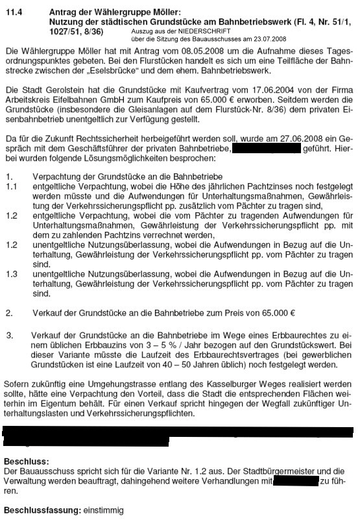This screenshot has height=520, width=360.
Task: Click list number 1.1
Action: pos(11,187)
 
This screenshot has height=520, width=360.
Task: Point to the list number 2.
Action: pos(8,313)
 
